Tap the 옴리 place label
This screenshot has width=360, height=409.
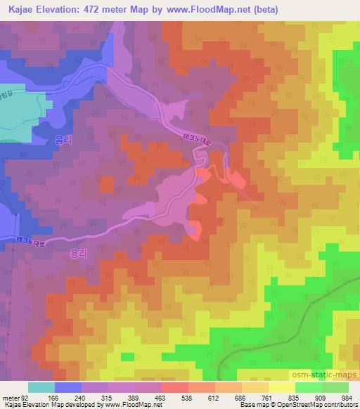(x=63, y=140)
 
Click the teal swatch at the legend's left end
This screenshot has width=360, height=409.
(x=41, y=387)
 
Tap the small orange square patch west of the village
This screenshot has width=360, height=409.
(x=106, y=184)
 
